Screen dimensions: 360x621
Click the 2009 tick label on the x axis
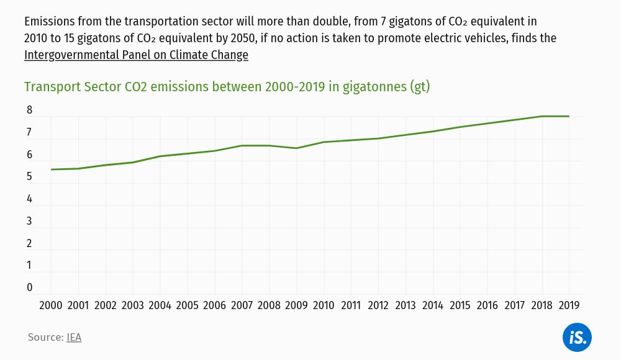296,305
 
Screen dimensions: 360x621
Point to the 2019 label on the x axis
569,305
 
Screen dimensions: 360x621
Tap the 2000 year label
50,305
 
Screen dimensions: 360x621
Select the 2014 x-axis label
432,305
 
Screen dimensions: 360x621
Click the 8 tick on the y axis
29,110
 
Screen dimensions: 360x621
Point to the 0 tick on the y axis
29,287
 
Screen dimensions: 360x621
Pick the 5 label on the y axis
29,177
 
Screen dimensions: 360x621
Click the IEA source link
74,338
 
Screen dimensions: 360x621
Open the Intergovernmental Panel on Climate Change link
136,55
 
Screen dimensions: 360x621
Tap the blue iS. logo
577,338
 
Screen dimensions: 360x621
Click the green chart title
227,87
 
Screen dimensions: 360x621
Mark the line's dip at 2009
296,148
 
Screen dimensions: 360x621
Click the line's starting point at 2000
51,169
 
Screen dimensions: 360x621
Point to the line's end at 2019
569,116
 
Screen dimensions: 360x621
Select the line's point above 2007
242,146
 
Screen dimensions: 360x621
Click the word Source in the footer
45,338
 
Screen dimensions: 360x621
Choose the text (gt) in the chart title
420,87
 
